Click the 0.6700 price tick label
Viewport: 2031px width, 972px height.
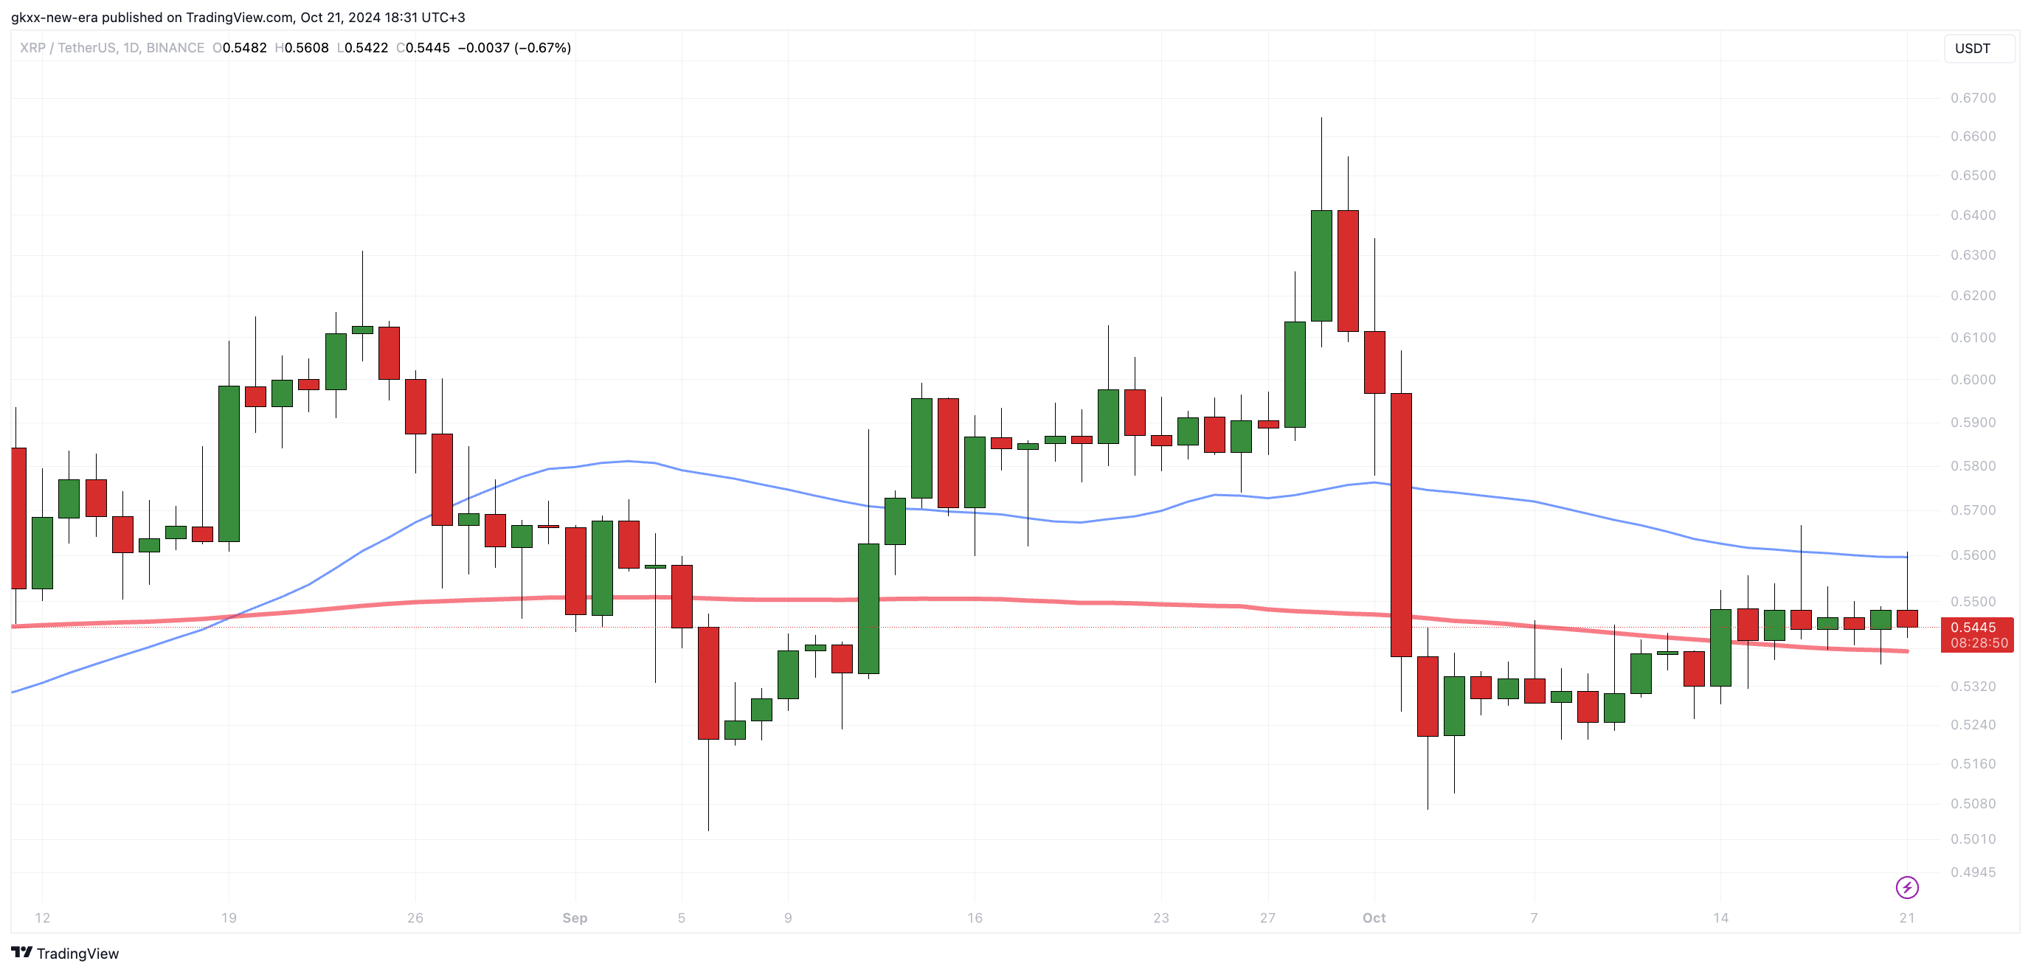1973,98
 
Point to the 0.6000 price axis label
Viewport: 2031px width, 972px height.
1973,380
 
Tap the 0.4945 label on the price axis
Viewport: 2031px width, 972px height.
1973,872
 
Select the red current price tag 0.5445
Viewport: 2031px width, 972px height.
1977,634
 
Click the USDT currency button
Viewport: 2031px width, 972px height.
1973,48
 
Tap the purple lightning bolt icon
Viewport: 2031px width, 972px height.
1906,888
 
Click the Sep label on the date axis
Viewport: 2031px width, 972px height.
575,917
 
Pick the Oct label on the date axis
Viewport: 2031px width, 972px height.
1374,917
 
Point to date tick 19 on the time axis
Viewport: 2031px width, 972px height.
229,917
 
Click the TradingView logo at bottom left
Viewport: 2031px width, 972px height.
66,953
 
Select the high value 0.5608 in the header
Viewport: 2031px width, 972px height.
306,48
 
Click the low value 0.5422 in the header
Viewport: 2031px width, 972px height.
366,48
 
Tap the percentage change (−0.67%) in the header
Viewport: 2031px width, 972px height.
542,48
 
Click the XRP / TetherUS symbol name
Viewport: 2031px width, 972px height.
68,48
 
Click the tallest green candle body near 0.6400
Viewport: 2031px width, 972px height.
1321,265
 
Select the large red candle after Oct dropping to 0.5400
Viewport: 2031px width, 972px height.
1401,524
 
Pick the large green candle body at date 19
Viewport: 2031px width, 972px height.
229,464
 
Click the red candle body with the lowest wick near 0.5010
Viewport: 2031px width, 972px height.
708,683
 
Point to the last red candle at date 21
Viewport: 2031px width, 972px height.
1907,619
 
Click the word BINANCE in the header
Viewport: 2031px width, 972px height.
175,48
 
